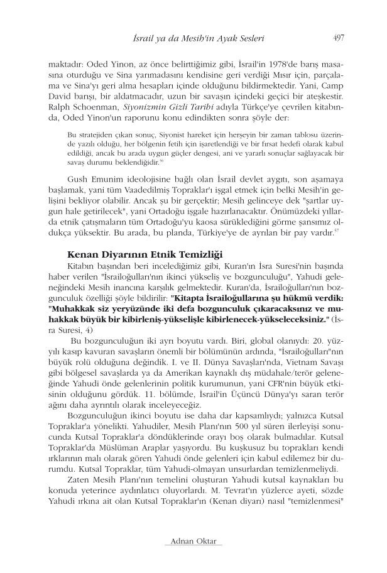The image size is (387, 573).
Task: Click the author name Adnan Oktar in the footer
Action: pos(193,540)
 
